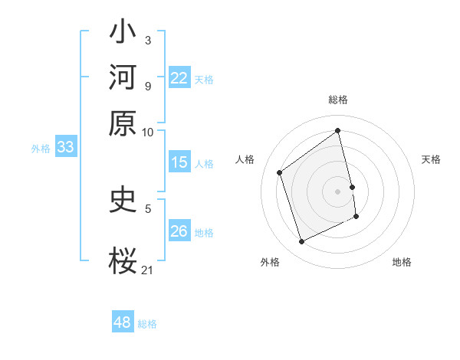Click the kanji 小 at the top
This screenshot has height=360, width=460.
(123, 33)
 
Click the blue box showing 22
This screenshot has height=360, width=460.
(179, 78)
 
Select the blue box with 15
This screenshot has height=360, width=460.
(179, 162)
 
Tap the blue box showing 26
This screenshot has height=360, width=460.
(179, 231)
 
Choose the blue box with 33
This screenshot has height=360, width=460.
(64, 148)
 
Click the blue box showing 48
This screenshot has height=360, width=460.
(123, 322)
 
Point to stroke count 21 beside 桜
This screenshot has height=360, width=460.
(148, 270)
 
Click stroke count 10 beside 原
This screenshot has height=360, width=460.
(148, 131)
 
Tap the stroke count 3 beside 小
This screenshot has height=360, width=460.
(148, 40)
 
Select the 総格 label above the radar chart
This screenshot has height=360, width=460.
(338, 100)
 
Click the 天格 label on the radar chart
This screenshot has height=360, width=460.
(432, 159)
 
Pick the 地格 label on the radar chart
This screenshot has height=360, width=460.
(402, 262)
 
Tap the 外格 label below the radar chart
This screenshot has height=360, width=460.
(270, 262)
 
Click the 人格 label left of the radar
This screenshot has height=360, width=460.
(245, 159)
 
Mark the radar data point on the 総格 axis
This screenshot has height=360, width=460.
(338, 131)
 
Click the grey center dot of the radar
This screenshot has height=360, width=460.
(338, 191)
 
